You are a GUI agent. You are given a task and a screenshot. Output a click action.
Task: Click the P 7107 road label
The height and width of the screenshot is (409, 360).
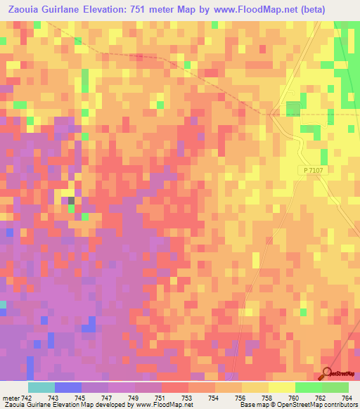point(314,171)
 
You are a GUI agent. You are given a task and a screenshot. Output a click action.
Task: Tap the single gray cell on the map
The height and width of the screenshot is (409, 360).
point(71,201)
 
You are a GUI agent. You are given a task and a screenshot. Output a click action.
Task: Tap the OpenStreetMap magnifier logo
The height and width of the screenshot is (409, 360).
point(327,374)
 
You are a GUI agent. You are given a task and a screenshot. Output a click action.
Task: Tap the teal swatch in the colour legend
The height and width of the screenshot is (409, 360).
point(41,387)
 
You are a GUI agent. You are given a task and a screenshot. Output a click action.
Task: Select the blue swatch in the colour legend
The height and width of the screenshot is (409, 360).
point(67,387)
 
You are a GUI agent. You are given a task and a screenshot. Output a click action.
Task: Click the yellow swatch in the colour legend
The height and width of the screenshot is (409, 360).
point(281,387)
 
